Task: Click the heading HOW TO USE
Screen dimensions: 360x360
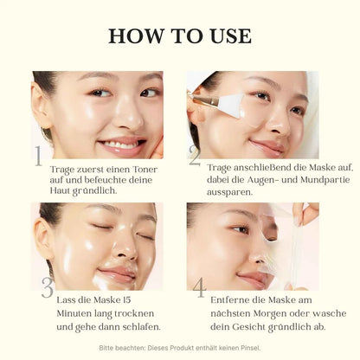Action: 180,35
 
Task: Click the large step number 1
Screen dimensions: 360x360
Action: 37,157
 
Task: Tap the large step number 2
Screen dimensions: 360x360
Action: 195,155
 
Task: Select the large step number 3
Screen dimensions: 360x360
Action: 47,287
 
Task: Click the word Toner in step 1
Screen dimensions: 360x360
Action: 141,170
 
